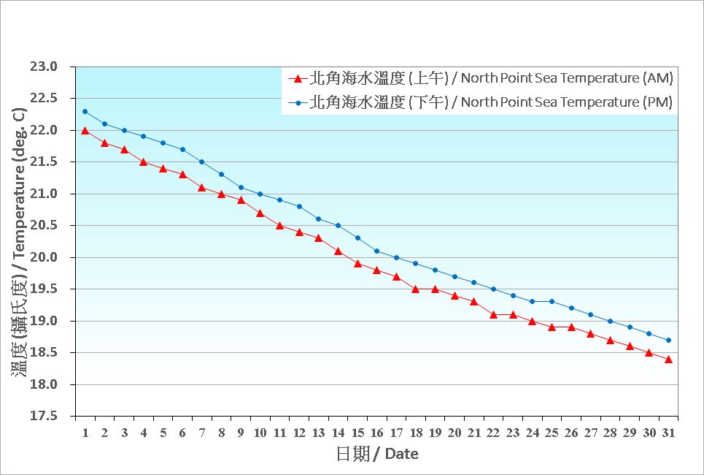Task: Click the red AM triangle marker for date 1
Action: [85, 130]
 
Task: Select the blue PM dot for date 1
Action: [85, 111]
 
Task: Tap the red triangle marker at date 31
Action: [668, 359]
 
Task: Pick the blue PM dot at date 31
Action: [668, 340]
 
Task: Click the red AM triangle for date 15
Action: [357, 263]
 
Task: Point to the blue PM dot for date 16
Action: [376, 251]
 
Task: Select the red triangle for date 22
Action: [493, 314]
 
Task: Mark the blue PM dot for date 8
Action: [221, 174]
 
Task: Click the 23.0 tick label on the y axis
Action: [43, 66]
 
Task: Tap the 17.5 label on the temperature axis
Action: [43, 416]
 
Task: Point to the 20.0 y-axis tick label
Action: [43, 257]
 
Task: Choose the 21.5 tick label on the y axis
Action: [43, 162]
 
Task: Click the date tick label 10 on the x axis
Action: [260, 433]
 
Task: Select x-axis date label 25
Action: [552, 433]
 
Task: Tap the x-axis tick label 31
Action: [668, 433]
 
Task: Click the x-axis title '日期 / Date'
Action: [377, 454]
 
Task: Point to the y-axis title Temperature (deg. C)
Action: [19, 241]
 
